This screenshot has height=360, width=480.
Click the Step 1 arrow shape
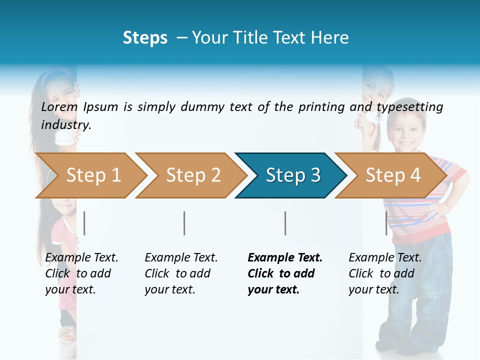coord(90,175)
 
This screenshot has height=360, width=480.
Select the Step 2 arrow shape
coord(190,175)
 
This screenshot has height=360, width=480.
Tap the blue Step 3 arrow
coord(290,175)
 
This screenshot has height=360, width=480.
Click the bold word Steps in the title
coord(145,37)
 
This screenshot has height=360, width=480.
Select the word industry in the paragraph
coord(66,124)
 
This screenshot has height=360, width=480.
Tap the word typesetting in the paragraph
coord(409,106)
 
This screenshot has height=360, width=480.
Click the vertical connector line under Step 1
coord(84,223)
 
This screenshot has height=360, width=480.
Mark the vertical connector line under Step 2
coord(184,223)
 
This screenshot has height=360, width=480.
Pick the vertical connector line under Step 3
coord(285,223)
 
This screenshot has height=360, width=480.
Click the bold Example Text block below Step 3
coord(285,273)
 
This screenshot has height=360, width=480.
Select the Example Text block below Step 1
coord(81,273)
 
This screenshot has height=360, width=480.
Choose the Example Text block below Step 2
coord(181,273)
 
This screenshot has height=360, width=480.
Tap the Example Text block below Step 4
coord(385,273)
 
